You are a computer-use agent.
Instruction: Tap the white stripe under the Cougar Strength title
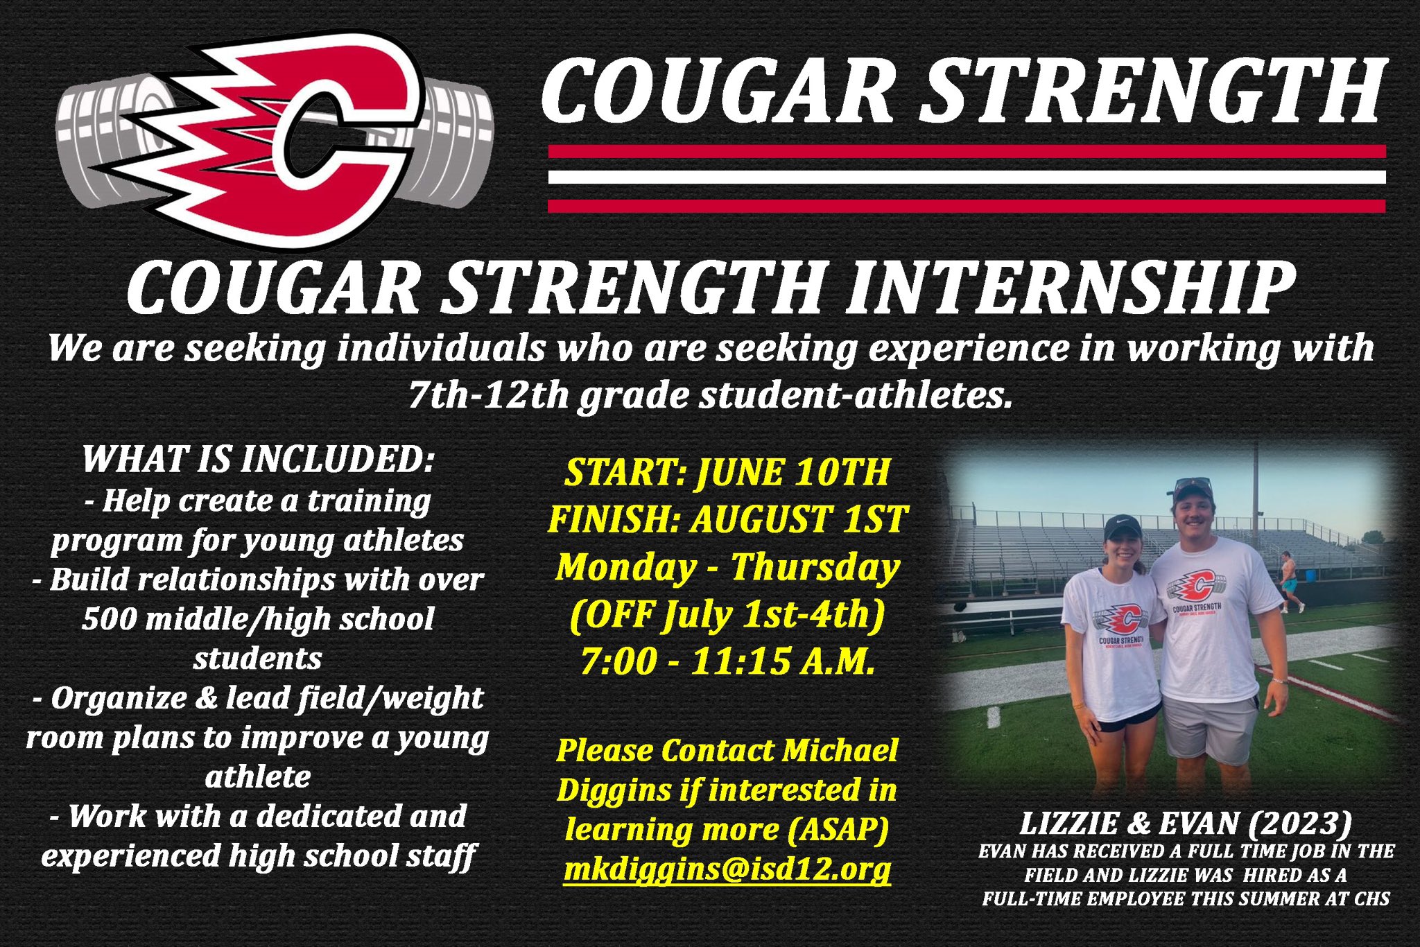coord(967,177)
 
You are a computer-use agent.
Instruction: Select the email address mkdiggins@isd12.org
coord(727,869)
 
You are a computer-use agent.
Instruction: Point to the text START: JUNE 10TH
coord(727,473)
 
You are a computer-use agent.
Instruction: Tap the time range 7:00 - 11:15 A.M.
coord(727,661)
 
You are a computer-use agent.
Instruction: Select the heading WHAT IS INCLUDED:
coord(258,459)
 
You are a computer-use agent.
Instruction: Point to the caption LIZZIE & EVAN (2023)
coord(1186,824)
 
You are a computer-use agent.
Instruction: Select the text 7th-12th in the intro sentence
coord(488,395)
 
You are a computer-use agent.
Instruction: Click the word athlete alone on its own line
coord(258,776)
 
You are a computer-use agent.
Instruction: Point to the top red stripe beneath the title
coord(967,152)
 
